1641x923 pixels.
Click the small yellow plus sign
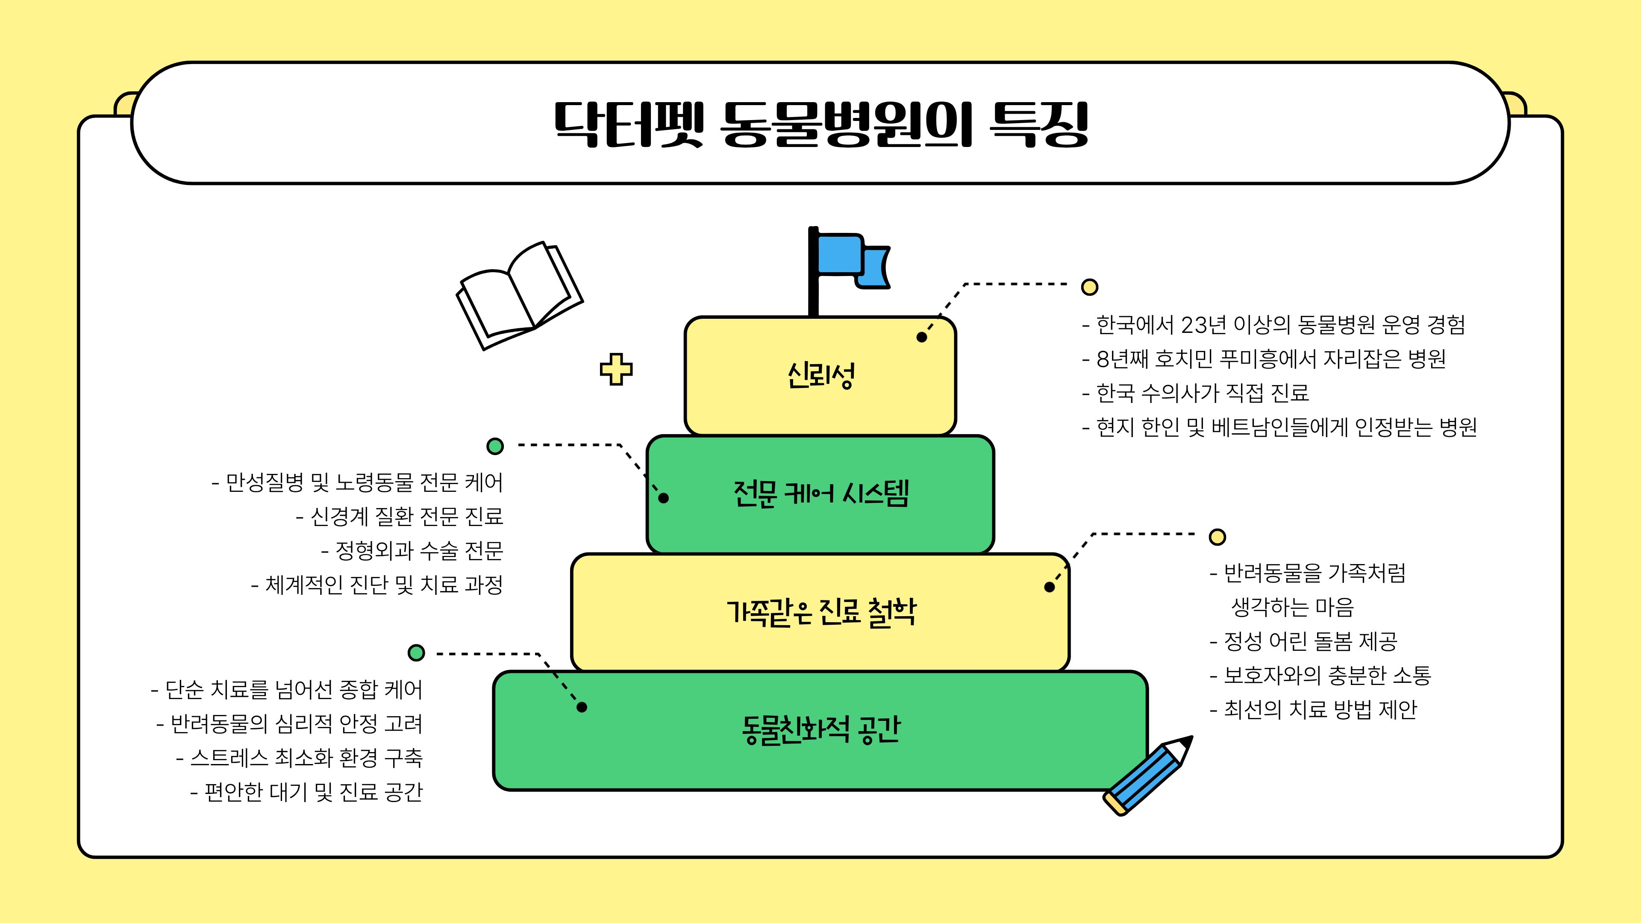click(x=616, y=369)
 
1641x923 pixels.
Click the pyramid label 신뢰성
click(x=820, y=375)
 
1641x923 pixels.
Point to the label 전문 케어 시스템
click(x=820, y=494)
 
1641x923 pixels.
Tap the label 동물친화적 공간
click(x=820, y=730)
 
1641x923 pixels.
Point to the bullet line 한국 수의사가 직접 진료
click(x=1202, y=393)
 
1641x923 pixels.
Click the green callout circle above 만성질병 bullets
click(x=495, y=446)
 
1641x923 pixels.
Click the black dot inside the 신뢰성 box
click(x=921, y=337)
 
